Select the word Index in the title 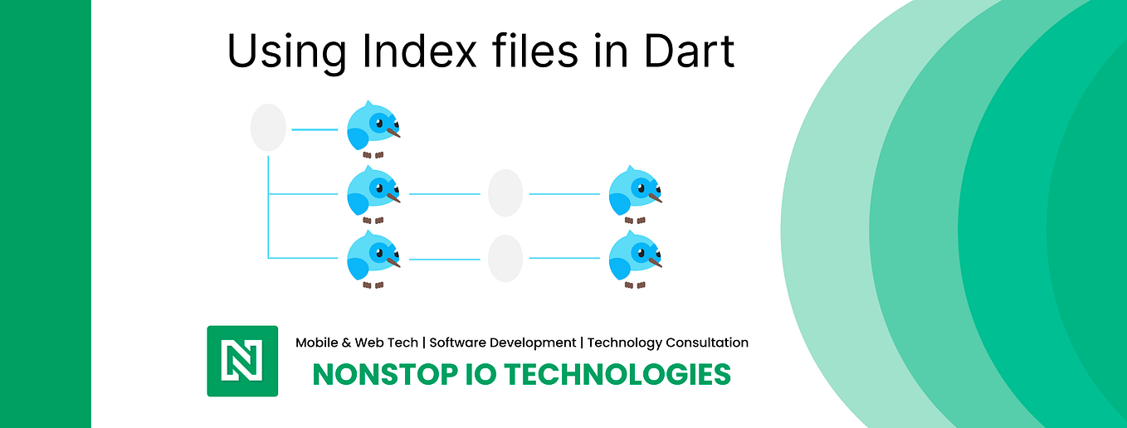(x=419, y=51)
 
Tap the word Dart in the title (x=689, y=51)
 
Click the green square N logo (x=242, y=361)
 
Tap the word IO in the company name (x=481, y=375)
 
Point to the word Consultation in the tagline (x=707, y=343)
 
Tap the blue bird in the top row (x=373, y=129)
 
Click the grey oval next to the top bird (x=268, y=128)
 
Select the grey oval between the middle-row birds (x=505, y=193)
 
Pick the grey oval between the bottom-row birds (x=505, y=258)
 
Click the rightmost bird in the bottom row (x=635, y=259)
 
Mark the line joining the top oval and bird (x=315, y=129)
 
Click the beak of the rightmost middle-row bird (x=656, y=197)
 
